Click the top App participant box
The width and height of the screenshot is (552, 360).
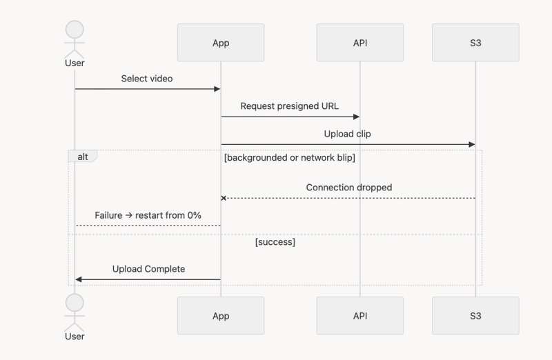pyautogui.click(x=221, y=43)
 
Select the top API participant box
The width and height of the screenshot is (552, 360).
pyautogui.click(x=359, y=43)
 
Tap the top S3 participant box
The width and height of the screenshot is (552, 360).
pyautogui.click(x=475, y=43)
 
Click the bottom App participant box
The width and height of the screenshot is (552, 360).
pyautogui.click(x=221, y=316)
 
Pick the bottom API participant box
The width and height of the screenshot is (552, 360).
pyautogui.click(x=359, y=316)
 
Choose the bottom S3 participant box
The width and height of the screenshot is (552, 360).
pyautogui.click(x=475, y=316)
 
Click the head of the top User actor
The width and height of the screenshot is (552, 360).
pyautogui.click(x=75, y=30)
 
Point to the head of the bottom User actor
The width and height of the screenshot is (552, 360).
pyautogui.click(x=75, y=303)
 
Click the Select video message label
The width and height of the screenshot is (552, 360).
pyautogui.click(x=147, y=79)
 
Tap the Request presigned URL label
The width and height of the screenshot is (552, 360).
pyautogui.click(x=290, y=106)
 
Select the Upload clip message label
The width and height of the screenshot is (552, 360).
pyautogui.click(x=348, y=134)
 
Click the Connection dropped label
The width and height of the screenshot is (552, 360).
pyautogui.click(x=349, y=188)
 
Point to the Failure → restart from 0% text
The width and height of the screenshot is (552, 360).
pyautogui.click(x=148, y=215)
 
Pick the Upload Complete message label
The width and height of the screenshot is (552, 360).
pyautogui.click(x=148, y=269)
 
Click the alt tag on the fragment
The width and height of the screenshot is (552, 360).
pyautogui.click(x=83, y=157)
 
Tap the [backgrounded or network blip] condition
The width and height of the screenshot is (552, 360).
pyautogui.click(x=290, y=158)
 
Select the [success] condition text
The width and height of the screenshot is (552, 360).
pyautogui.click(x=275, y=242)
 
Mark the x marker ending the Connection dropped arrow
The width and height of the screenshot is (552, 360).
pyautogui.click(x=224, y=199)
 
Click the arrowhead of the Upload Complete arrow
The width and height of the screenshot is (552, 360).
pyautogui.click(x=79, y=279)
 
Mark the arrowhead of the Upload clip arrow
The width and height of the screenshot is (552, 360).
pyautogui.click(x=472, y=144)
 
